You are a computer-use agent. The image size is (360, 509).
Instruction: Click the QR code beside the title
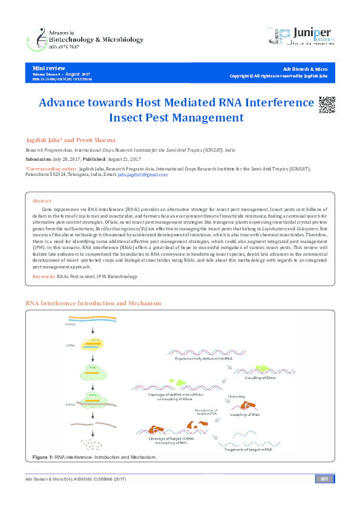coord(326,104)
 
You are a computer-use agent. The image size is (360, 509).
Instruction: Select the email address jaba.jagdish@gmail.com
coord(142,174)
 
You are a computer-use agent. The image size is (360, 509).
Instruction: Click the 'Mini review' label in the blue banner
coord(48,68)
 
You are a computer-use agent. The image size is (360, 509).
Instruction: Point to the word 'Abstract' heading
coord(42,200)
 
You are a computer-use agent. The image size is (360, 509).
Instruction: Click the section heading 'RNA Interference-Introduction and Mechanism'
coord(93,302)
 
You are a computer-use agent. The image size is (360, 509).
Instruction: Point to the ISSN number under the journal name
coord(56,47)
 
